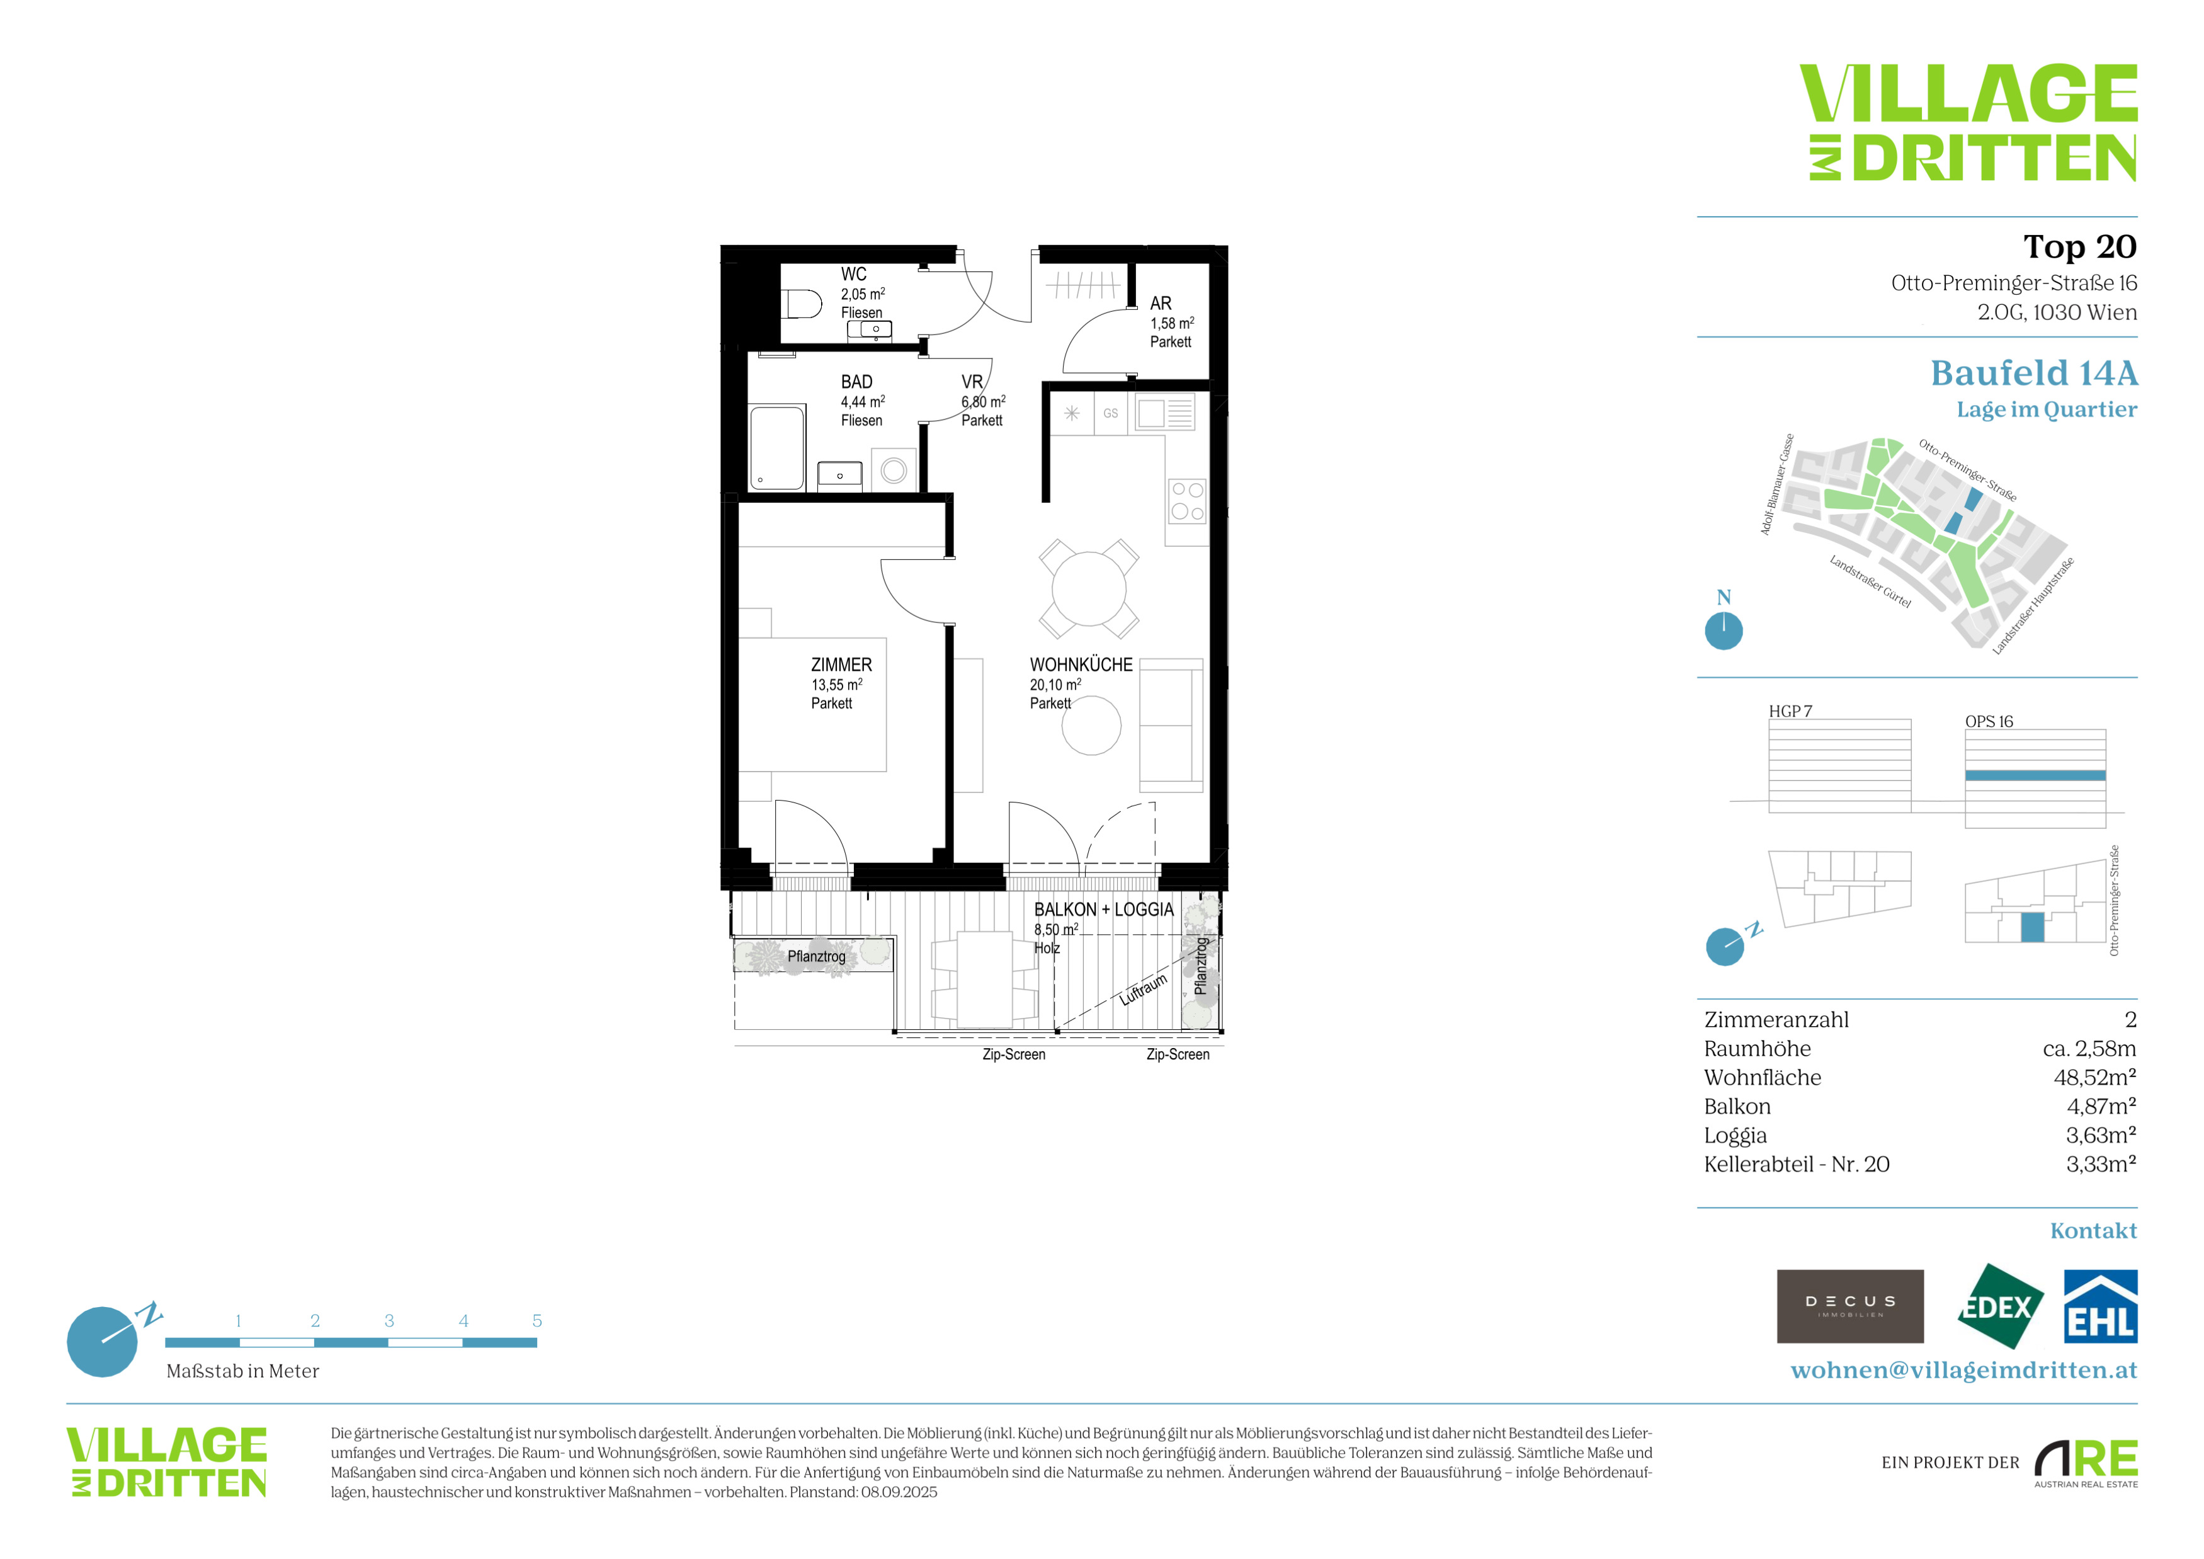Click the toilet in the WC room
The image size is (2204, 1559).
[802, 304]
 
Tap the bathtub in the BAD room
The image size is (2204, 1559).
[776, 447]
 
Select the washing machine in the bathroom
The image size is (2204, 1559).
[894, 471]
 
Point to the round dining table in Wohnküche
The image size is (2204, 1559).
[1089, 588]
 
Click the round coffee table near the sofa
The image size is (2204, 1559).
[1091, 726]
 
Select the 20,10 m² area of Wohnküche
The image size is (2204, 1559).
[1055, 685]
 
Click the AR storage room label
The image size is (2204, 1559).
[1161, 304]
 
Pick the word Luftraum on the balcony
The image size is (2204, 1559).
[1144, 989]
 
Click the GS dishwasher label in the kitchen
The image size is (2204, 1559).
[1111, 414]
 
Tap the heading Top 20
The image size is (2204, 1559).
[2079, 247]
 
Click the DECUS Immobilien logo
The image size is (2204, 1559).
[1850, 1306]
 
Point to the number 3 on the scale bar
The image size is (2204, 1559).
[389, 1321]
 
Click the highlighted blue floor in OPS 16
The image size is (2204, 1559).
[2035, 775]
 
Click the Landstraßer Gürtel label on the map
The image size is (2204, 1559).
[1870, 582]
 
